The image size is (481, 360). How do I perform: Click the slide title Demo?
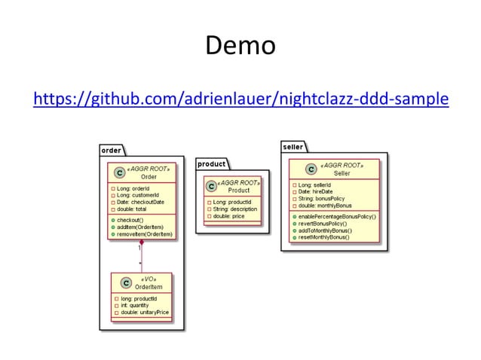click(x=240, y=47)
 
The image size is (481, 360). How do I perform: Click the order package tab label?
click(x=111, y=151)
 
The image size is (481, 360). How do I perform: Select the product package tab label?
click(x=211, y=164)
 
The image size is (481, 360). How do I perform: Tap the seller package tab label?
click(x=293, y=147)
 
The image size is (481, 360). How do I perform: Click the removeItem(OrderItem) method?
click(x=146, y=234)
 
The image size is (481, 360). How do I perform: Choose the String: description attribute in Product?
click(x=231, y=209)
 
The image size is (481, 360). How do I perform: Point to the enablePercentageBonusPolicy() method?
click(x=336, y=216)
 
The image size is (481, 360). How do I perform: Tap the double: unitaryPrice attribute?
click(x=144, y=312)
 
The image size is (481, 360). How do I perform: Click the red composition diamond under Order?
click(x=141, y=245)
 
